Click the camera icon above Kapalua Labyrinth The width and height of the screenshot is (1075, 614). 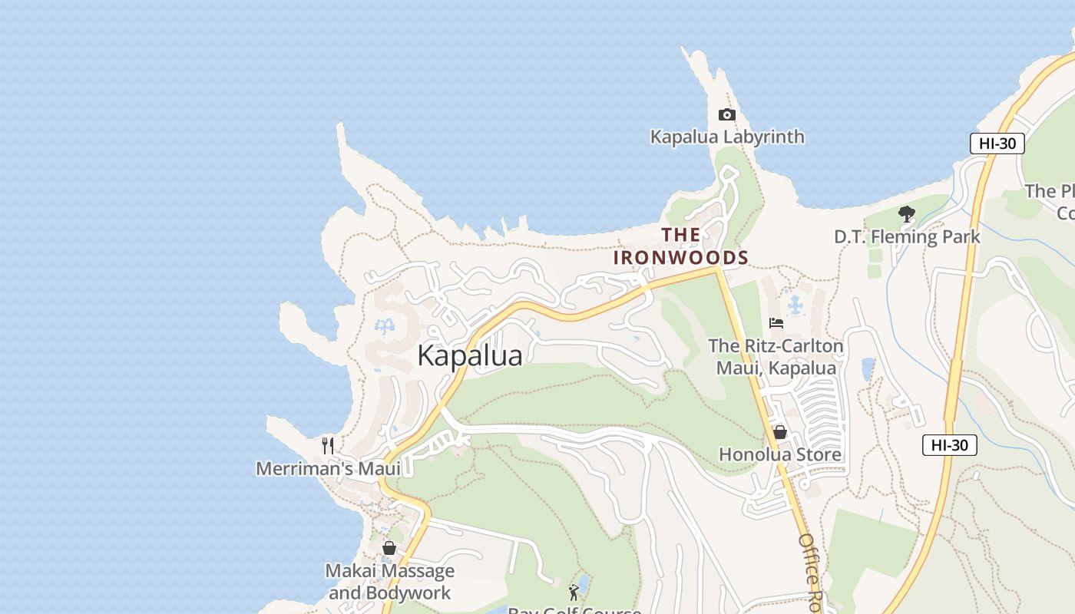(x=726, y=115)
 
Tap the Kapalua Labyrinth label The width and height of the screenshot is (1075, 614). (x=727, y=137)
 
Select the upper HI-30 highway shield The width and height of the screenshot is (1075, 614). (x=997, y=144)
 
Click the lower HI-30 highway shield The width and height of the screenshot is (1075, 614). (x=949, y=445)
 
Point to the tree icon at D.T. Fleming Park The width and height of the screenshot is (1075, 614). (x=907, y=214)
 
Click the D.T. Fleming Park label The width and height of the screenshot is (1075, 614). (x=907, y=236)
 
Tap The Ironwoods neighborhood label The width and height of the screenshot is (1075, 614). (x=680, y=246)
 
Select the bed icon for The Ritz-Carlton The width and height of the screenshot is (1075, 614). (x=776, y=323)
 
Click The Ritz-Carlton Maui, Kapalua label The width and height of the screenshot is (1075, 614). (x=776, y=357)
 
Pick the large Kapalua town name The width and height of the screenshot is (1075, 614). (x=470, y=355)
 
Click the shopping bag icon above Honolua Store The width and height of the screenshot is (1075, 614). (x=780, y=432)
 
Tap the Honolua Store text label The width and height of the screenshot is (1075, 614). (x=780, y=454)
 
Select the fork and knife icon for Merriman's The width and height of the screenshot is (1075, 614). (x=328, y=446)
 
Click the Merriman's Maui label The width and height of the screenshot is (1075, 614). (x=329, y=468)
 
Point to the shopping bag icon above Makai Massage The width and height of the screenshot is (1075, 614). (x=389, y=548)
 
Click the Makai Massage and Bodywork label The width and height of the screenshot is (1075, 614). (x=390, y=582)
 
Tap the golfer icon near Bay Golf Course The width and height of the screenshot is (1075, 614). (x=574, y=592)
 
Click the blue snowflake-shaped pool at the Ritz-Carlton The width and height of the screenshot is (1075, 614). (x=795, y=305)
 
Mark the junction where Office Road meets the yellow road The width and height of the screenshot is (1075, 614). (x=717, y=269)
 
